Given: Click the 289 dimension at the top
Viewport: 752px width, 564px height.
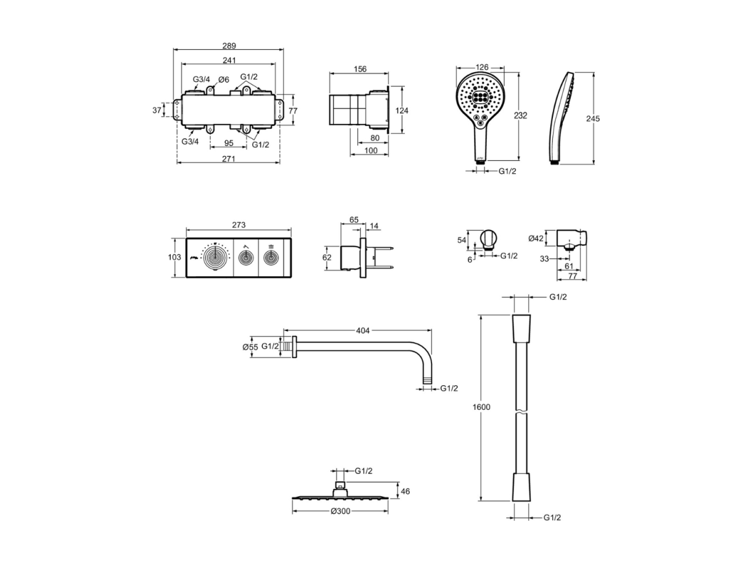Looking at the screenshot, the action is [229, 46].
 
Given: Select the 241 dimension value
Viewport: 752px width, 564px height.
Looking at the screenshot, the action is [229, 60].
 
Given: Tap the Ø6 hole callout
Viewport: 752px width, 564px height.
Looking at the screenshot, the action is [223, 80].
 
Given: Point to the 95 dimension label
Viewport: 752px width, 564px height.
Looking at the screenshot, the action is [229, 143].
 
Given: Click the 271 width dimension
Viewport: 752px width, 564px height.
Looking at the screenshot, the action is [229, 158].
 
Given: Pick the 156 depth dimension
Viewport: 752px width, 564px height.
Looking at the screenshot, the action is [360, 69].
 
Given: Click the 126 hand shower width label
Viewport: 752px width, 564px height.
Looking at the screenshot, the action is [481, 67].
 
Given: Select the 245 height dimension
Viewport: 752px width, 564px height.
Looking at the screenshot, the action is [593, 118].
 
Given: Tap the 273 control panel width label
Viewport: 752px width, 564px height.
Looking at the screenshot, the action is [239, 224].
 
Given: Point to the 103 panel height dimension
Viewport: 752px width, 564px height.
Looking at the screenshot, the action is [174, 257].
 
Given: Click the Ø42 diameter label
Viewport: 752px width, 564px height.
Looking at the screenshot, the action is [536, 238].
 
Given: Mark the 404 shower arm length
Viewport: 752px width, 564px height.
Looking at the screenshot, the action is [362, 330].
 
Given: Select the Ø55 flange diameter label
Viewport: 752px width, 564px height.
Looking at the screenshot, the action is [250, 347].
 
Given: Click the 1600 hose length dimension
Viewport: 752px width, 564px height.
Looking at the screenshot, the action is [481, 407].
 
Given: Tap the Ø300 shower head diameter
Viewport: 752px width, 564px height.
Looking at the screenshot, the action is [340, 511].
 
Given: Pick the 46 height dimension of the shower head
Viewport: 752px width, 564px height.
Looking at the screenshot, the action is [406, 491].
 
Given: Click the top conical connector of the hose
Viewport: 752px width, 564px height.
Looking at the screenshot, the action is [521, 329].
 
